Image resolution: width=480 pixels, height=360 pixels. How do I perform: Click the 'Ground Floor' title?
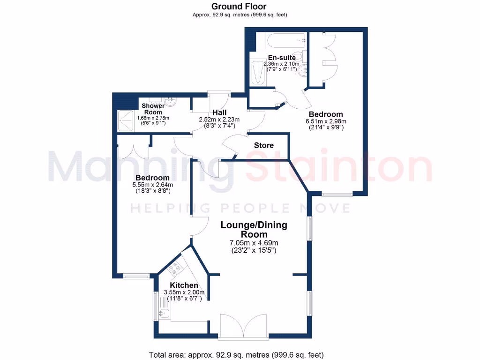[239, 7]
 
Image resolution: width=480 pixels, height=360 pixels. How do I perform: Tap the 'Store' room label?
[263, 145]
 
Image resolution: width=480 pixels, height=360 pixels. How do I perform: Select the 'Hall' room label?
[219, 112]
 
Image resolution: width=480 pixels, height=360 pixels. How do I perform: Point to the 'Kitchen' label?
[183, 285]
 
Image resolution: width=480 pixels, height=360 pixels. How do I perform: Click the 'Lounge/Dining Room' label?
[254, 230]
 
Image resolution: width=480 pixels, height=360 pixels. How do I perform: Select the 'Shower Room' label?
[153, 109]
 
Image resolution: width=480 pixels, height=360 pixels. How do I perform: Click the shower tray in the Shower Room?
[126, 120]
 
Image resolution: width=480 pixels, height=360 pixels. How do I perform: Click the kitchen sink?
[164, 313]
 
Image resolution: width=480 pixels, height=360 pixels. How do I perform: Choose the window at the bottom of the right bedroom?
[337, 193]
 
